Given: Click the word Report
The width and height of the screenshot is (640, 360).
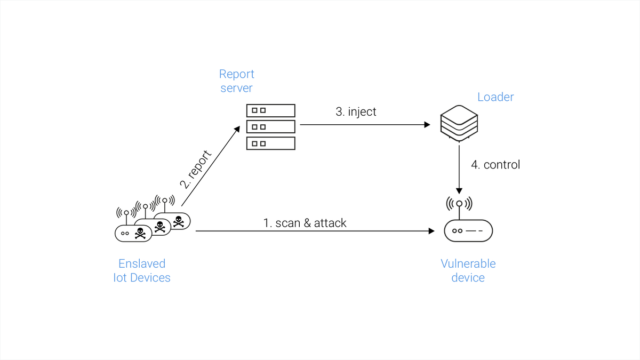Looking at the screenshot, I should pyautogui.click(x=236, y=74).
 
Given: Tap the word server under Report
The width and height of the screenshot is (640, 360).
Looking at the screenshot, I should pyautogui.click(x=236, y=88).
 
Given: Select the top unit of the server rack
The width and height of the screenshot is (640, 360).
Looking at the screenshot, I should pyautogui.click(x=270, y=110).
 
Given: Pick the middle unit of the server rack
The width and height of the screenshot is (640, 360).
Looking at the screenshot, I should pyautogui.click(x=270, y=127).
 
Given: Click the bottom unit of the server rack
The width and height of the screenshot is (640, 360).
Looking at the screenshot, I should pyautogui.click(x=270, y=143).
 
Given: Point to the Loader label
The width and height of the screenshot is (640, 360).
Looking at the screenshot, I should pyautogui.click(x=495, y=97).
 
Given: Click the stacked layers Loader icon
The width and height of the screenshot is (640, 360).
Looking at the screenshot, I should pyautogui.click(x=459, y=124).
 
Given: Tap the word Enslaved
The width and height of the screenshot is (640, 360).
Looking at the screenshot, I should pyautogui.click(x=142, y=263).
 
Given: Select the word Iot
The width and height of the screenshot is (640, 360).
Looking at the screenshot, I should pyautogui.click(x=119, y=278).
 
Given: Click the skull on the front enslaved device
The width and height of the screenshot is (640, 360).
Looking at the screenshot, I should pyautogui.click(x=140, y=233).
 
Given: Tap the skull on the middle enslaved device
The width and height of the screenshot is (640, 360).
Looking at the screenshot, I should pyautogui.click(x=159, y=227).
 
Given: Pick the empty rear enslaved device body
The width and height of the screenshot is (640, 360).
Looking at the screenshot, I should pyautogui.click(x=180, y=221).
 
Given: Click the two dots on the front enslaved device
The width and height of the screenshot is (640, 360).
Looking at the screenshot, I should pyautogui.click(x=125, y=233).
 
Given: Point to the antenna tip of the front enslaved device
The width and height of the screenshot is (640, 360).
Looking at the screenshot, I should pyautogui.click(x=126, y=212).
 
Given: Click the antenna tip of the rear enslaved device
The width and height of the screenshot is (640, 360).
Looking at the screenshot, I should pyautogui.click(x=165, y=201).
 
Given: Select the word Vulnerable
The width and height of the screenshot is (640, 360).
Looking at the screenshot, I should pyautogui.click(x=468, y=263).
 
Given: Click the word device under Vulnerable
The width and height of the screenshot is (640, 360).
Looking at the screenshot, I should pyautogui.click(x=468, y=278).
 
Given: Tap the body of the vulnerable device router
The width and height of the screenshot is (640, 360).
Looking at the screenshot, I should pyautogui.click(x=468, y=231).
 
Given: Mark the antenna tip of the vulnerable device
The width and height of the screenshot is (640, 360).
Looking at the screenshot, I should pyautogui.click(x=459, y=203).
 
